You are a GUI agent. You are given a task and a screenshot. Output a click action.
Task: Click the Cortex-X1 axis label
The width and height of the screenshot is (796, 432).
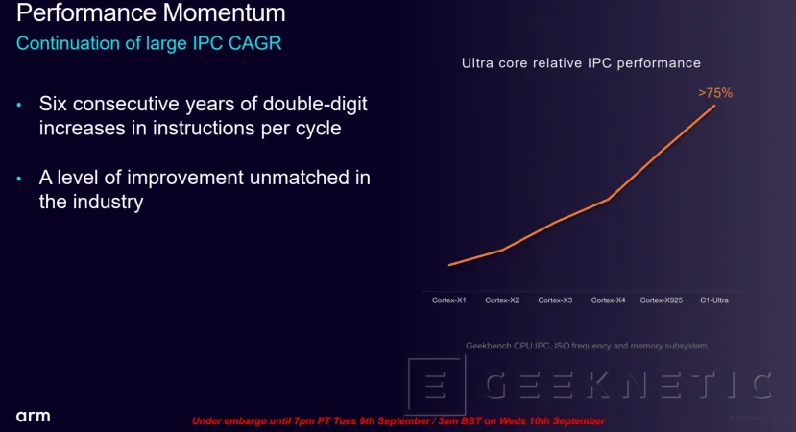pos(448,300)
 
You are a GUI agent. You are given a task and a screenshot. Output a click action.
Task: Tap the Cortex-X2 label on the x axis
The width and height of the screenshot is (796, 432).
pos(502,300)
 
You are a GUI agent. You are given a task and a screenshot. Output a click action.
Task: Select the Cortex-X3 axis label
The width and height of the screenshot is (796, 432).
pos(555,300)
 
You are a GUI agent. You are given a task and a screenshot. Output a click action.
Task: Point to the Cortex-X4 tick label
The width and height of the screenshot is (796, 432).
pos(609,300)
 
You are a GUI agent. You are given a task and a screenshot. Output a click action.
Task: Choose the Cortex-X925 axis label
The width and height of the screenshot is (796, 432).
pos(661,300)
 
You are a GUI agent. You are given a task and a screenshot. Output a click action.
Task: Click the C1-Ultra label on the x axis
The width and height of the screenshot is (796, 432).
pos(715,300)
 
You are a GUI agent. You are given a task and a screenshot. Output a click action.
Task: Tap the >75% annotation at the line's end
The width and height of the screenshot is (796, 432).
pos(715,93)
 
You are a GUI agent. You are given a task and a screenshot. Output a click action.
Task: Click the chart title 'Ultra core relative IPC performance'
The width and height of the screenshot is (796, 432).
pos(581,63)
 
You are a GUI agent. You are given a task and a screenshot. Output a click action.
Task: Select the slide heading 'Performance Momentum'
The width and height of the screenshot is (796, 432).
pos(152,14)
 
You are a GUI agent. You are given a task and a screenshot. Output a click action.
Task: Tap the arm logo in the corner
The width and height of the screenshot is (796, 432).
pos(33,416)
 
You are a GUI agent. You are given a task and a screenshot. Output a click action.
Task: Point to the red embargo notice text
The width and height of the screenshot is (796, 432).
pos(398,420)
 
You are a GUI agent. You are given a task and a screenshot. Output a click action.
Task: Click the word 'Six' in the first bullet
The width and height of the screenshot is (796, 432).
pos(56,104)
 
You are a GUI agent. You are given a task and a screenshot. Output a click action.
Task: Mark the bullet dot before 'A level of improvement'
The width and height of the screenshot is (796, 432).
pos(19,179)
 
